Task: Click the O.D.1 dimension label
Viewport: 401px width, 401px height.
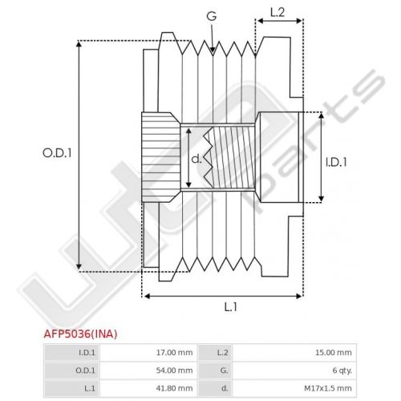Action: click(x=57, y=153)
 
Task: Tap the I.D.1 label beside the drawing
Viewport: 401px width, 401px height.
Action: click(x=336, y=162)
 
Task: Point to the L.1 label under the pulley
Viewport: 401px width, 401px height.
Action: click(x=230, y=307)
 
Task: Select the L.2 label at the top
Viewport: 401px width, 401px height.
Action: click(x=277, y=13)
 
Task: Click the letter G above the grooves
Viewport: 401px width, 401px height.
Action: click(x=212, y=16)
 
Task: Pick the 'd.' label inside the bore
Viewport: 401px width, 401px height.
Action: click(x=196, y=160)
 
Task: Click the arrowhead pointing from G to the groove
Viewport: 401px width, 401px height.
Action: click(x=213, y=50)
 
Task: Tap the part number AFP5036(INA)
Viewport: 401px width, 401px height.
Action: click(x=80, y=334)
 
